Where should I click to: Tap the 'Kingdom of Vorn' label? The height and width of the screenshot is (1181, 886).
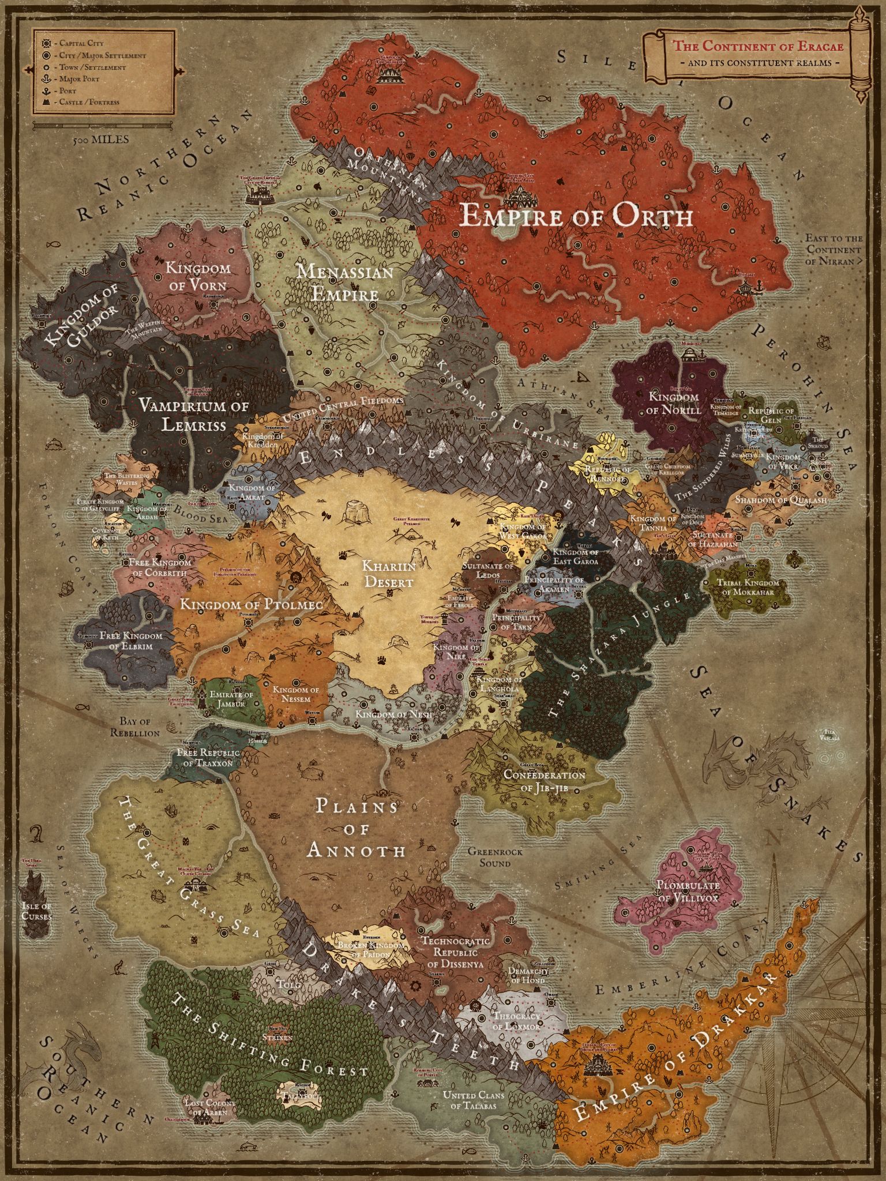tap(198, 276)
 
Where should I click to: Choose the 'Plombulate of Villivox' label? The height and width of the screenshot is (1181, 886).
tap(688, 892)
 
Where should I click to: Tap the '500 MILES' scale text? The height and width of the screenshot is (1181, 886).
tap(101, 140)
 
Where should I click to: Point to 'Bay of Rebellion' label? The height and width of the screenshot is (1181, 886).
tap(139, 727)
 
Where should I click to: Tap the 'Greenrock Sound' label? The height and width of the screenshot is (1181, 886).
tap(489, 856)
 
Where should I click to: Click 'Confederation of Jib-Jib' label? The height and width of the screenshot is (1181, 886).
tap(544, 780)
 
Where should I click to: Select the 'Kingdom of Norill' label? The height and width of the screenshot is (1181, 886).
tap(673, 403)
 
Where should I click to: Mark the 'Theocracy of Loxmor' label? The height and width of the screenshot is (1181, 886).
tap(516, 1021)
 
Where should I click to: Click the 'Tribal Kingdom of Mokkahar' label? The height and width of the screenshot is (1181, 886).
tap(748, 586)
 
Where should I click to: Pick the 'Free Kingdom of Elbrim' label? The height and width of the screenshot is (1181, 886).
tap(130, 640)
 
